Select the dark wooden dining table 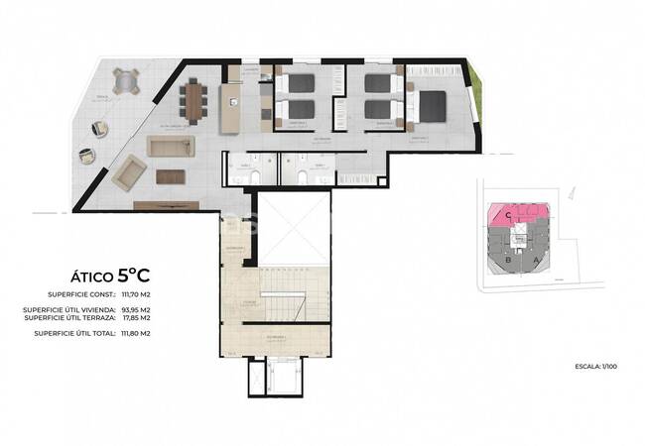point(192,98)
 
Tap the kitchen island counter point(228,104)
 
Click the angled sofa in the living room point(128,176)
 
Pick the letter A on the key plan point(537,260)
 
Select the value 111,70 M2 point(135,294)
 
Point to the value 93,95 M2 point(135,309)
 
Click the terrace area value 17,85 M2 point(135,318)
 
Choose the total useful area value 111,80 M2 point(135,334)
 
